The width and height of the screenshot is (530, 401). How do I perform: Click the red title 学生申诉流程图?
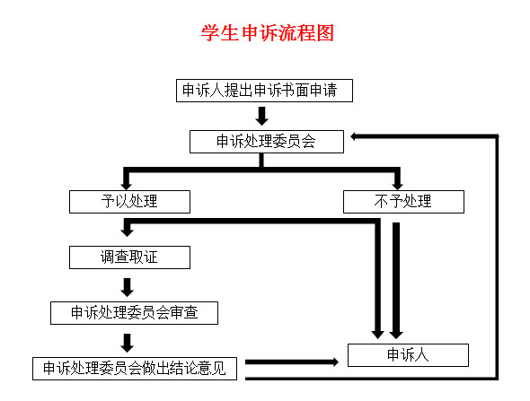pos(268,32)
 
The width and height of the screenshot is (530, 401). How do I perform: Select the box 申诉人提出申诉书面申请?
pos(264,91)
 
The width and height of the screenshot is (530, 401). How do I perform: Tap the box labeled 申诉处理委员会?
pos(267,142)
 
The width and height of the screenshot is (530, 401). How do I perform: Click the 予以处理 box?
pos(129,202)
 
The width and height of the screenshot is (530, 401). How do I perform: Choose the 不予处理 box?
pos(403,202)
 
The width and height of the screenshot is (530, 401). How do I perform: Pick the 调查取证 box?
pos(129,257)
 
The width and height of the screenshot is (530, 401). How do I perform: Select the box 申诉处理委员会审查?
pos(134,313)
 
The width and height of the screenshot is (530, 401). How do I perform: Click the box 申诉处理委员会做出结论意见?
pos(135,369)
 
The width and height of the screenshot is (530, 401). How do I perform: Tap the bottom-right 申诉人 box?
pos(408,355)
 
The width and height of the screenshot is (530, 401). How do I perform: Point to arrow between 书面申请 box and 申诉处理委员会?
pos(261,116)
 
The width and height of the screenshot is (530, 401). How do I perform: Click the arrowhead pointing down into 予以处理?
pos(127,185)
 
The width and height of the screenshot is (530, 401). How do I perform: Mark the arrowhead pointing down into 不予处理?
pos(397,185)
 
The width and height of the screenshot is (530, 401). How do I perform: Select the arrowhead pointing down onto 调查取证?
pos(127,231)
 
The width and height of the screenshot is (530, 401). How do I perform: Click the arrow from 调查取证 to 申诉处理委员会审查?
pos(127,288)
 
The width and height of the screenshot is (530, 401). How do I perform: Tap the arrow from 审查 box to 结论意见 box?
pos(127,343)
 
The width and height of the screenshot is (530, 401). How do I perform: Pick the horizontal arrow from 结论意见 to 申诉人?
pos(292,362)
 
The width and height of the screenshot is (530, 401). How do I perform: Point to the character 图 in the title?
pos(325,32)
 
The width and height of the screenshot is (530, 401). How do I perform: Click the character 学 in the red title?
pos(210,32)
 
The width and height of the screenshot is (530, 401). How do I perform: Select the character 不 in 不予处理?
pos(381,202)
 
